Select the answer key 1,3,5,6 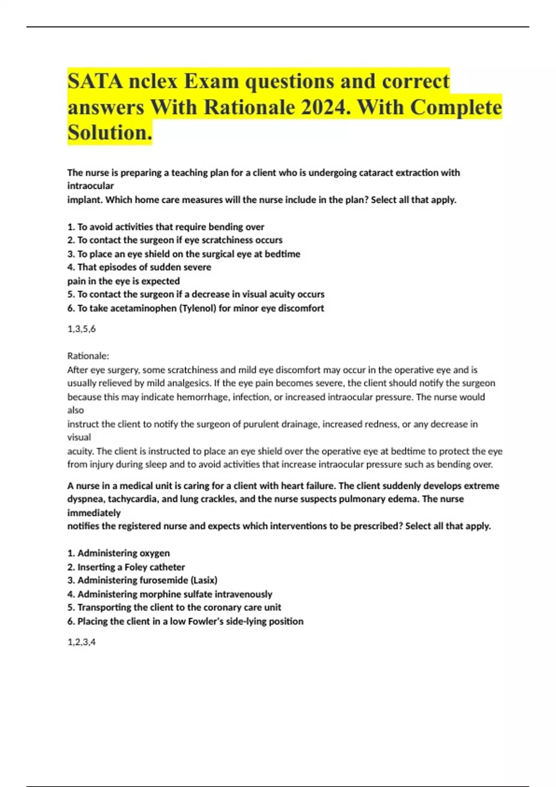(82, 329)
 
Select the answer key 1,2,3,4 (82, 642)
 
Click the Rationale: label (88, 356)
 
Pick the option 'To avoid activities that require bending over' (166, 227)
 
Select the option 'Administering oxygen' (119, 553)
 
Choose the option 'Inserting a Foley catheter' (126, 567)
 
